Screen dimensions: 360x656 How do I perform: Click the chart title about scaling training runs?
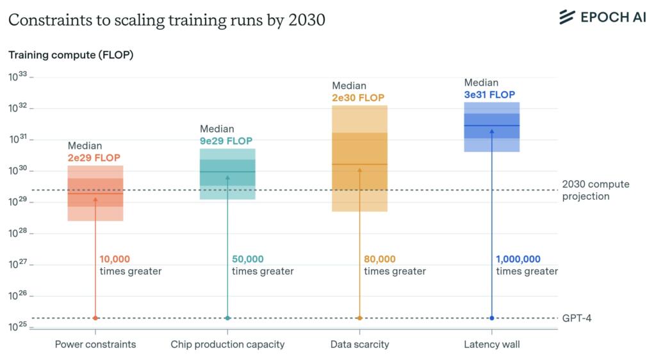point(167,20)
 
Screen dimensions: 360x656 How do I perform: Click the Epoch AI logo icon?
point(567,17)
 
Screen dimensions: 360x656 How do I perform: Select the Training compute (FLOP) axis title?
point(70,55)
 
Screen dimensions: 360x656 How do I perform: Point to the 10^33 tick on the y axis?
point(18,77)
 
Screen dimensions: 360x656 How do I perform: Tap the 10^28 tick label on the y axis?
point(18,234)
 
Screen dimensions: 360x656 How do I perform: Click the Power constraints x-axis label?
point(95,345)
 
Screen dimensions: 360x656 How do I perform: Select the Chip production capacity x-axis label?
point(227,345)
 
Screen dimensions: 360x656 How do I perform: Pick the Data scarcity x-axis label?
point(359,345)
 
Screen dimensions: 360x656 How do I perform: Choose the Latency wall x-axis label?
point(491,345)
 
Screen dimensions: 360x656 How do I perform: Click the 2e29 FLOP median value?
point(94,158)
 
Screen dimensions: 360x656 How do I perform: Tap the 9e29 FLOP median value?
point(226,141)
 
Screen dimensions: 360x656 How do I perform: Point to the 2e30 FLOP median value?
point(358,98)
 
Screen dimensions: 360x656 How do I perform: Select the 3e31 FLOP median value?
point(489,95)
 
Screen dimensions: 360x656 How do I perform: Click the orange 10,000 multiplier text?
point(115,259)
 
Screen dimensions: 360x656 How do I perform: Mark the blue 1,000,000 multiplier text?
point(518,259)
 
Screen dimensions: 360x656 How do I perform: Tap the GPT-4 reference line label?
point(577,318)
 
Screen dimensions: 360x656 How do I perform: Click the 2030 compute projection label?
point(586,190)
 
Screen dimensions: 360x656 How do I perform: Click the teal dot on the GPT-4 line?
point(227,318)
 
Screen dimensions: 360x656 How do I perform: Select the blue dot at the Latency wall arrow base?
point(491,318)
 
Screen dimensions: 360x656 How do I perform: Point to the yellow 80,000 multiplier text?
point(380,259)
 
